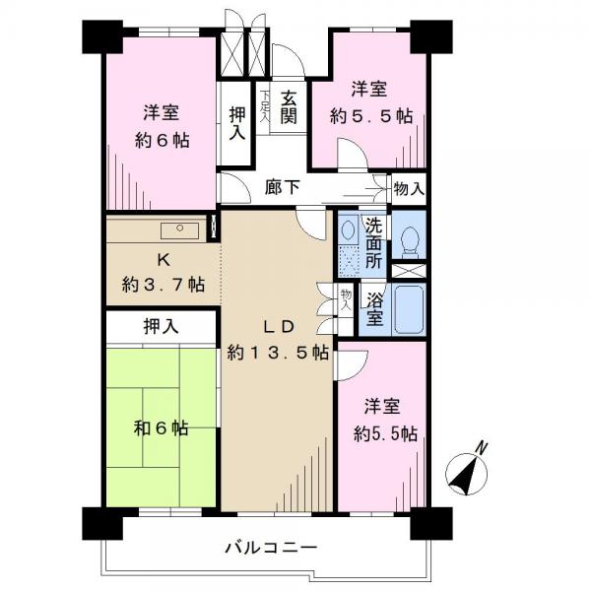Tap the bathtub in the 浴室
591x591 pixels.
tap(409, 309)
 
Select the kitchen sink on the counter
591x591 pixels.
tap(180, 230)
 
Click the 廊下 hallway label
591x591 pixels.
tap(283, 187)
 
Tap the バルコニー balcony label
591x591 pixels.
tap(271, 547)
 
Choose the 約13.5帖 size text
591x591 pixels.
tap(278, 353)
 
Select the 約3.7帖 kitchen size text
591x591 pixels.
tap(164, 285)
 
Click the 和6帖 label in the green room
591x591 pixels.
tap(162, 428)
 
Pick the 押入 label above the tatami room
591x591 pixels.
tap(161, 326)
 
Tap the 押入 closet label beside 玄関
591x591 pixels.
tap(237, 123)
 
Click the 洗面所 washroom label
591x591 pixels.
tap(373, 244)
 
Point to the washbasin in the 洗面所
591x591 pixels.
tap(347, 230)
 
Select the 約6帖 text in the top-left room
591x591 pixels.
tap(163, 141)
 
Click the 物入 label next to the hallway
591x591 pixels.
tap(409, 188)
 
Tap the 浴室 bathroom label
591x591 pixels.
tap(374, 310)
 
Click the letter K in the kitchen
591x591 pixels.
tap(164, 260)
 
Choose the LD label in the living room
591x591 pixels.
tap(278, 327)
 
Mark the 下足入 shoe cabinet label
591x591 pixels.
tap(265, 106)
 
